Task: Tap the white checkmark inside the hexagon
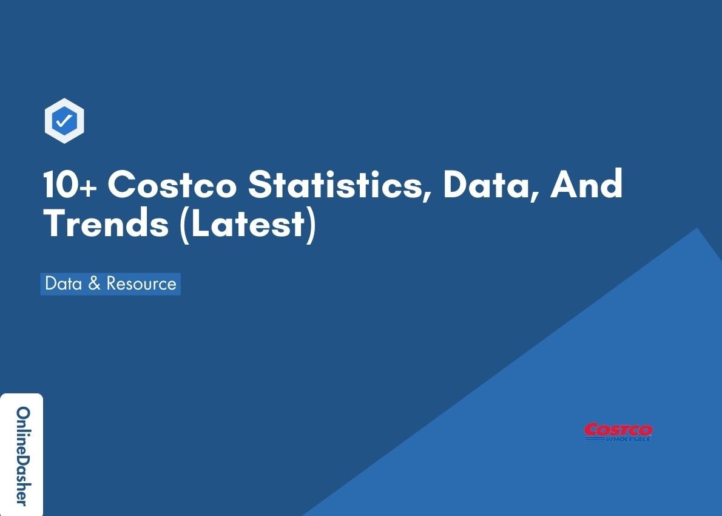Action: pyautogui.click(x=64, y=122)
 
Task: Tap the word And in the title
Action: pyautogui.click(x=586, y=185)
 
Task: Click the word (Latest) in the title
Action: pyautogui.click(x=248, y=224)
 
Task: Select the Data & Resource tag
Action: pyautogui.click(x=110, y=283)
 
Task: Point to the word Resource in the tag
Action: pyautogui.click(x=141, y=283)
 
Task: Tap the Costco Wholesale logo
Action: pyautogui.click(x=618, y=432)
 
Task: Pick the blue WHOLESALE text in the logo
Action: pyautogui.click(x=627, y=438)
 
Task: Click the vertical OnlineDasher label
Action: pyautogui.click(x=22, y=455)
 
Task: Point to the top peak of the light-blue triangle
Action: pyautogui.click(x=697, y=228)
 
